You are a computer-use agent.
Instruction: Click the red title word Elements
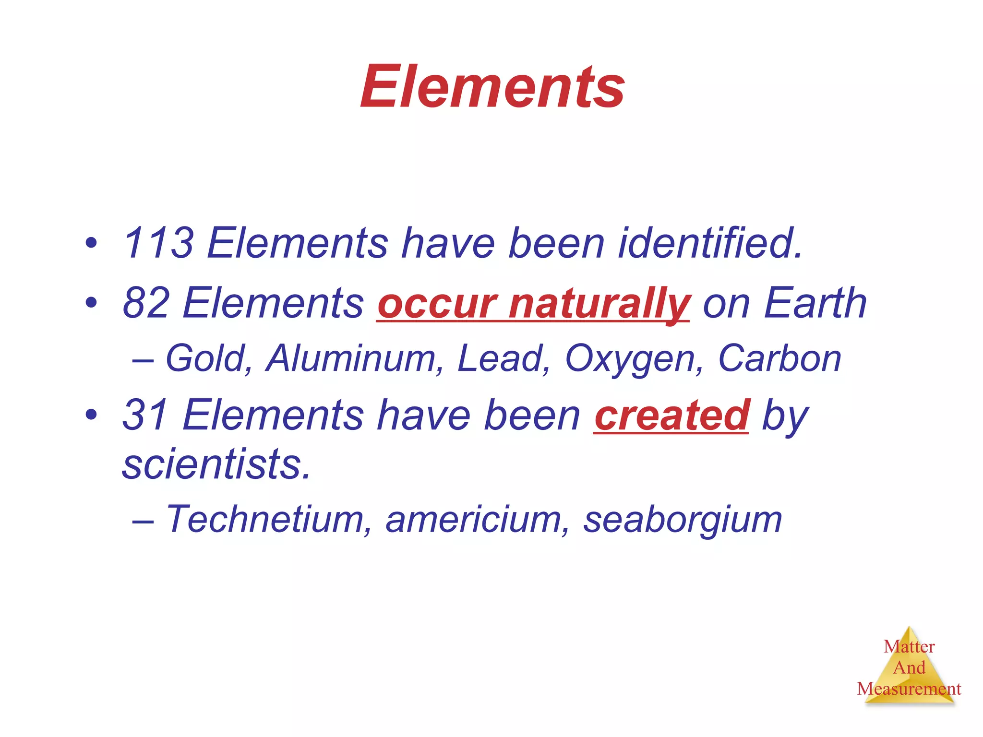tap(492, 87)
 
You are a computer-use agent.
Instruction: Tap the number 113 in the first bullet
tap(159, 243)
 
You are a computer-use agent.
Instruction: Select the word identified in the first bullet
tap(709, 243)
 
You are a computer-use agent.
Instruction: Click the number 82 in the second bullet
tap(146, 303)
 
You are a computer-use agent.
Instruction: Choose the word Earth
tap(815, 303)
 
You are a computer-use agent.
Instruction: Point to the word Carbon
tap(779, 358)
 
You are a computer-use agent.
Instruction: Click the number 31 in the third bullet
tap(146, 415)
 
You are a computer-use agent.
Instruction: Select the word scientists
tap(216, 464)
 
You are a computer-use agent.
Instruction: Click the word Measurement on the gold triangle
tap(909, 689)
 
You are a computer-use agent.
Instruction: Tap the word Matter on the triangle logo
tap(909, 647)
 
